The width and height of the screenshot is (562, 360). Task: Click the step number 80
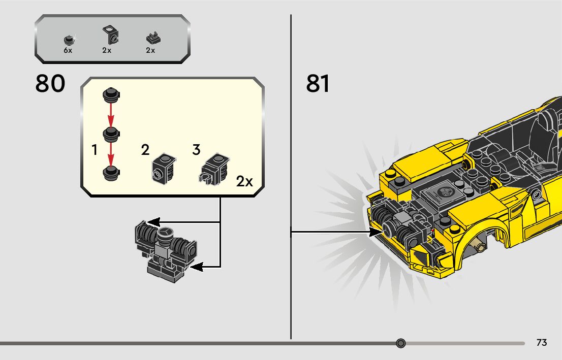coord(50,84)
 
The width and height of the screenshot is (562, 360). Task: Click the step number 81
coord(318,84)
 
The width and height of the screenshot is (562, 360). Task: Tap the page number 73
coord(542,343)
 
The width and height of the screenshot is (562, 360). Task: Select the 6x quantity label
coord(68,50)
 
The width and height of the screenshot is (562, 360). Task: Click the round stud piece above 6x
coord(69,40)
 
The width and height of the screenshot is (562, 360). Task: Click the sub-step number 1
coord(95,150)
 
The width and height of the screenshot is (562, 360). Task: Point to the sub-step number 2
coord(146,150)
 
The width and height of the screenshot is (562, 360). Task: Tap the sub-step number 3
coord(197,150)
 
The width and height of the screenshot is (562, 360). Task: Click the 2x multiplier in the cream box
coord(244,181)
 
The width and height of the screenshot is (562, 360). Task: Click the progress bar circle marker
coord(401,343)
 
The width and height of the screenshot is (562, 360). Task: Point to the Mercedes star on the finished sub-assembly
coord(164,234)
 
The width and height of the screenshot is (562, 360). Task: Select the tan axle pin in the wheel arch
coord(479,246)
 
